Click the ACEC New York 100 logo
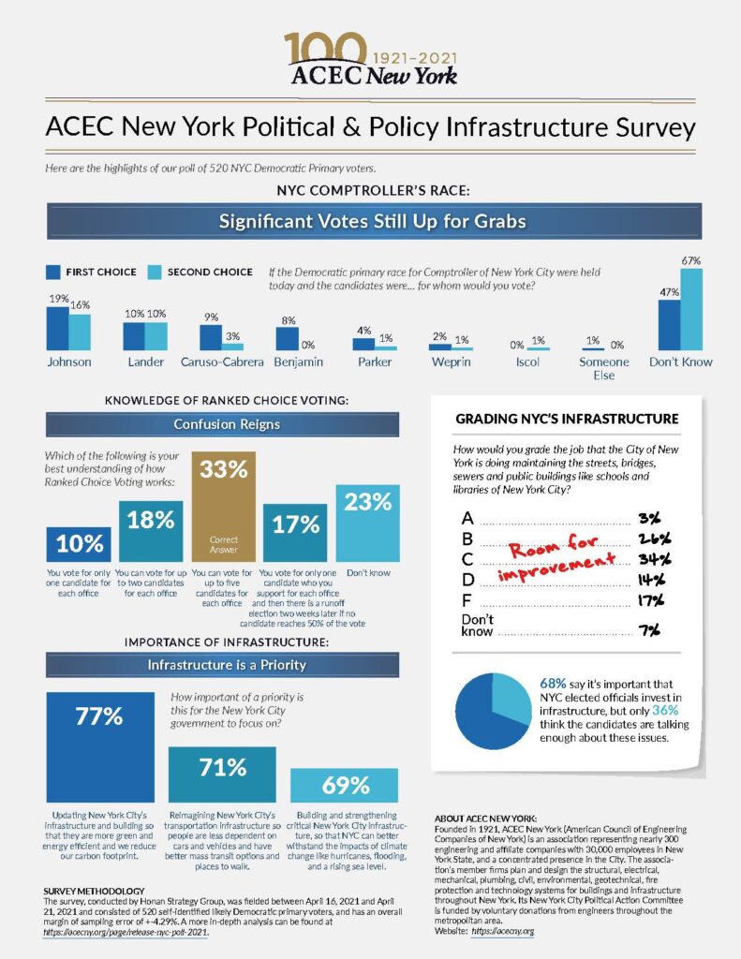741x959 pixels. pos(371,58)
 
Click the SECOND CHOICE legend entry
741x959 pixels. pos(209,272)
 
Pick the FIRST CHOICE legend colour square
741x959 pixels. pos(53,272)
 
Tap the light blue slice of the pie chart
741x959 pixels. pos(512,692)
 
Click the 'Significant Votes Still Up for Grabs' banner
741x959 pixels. pos(371,223)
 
